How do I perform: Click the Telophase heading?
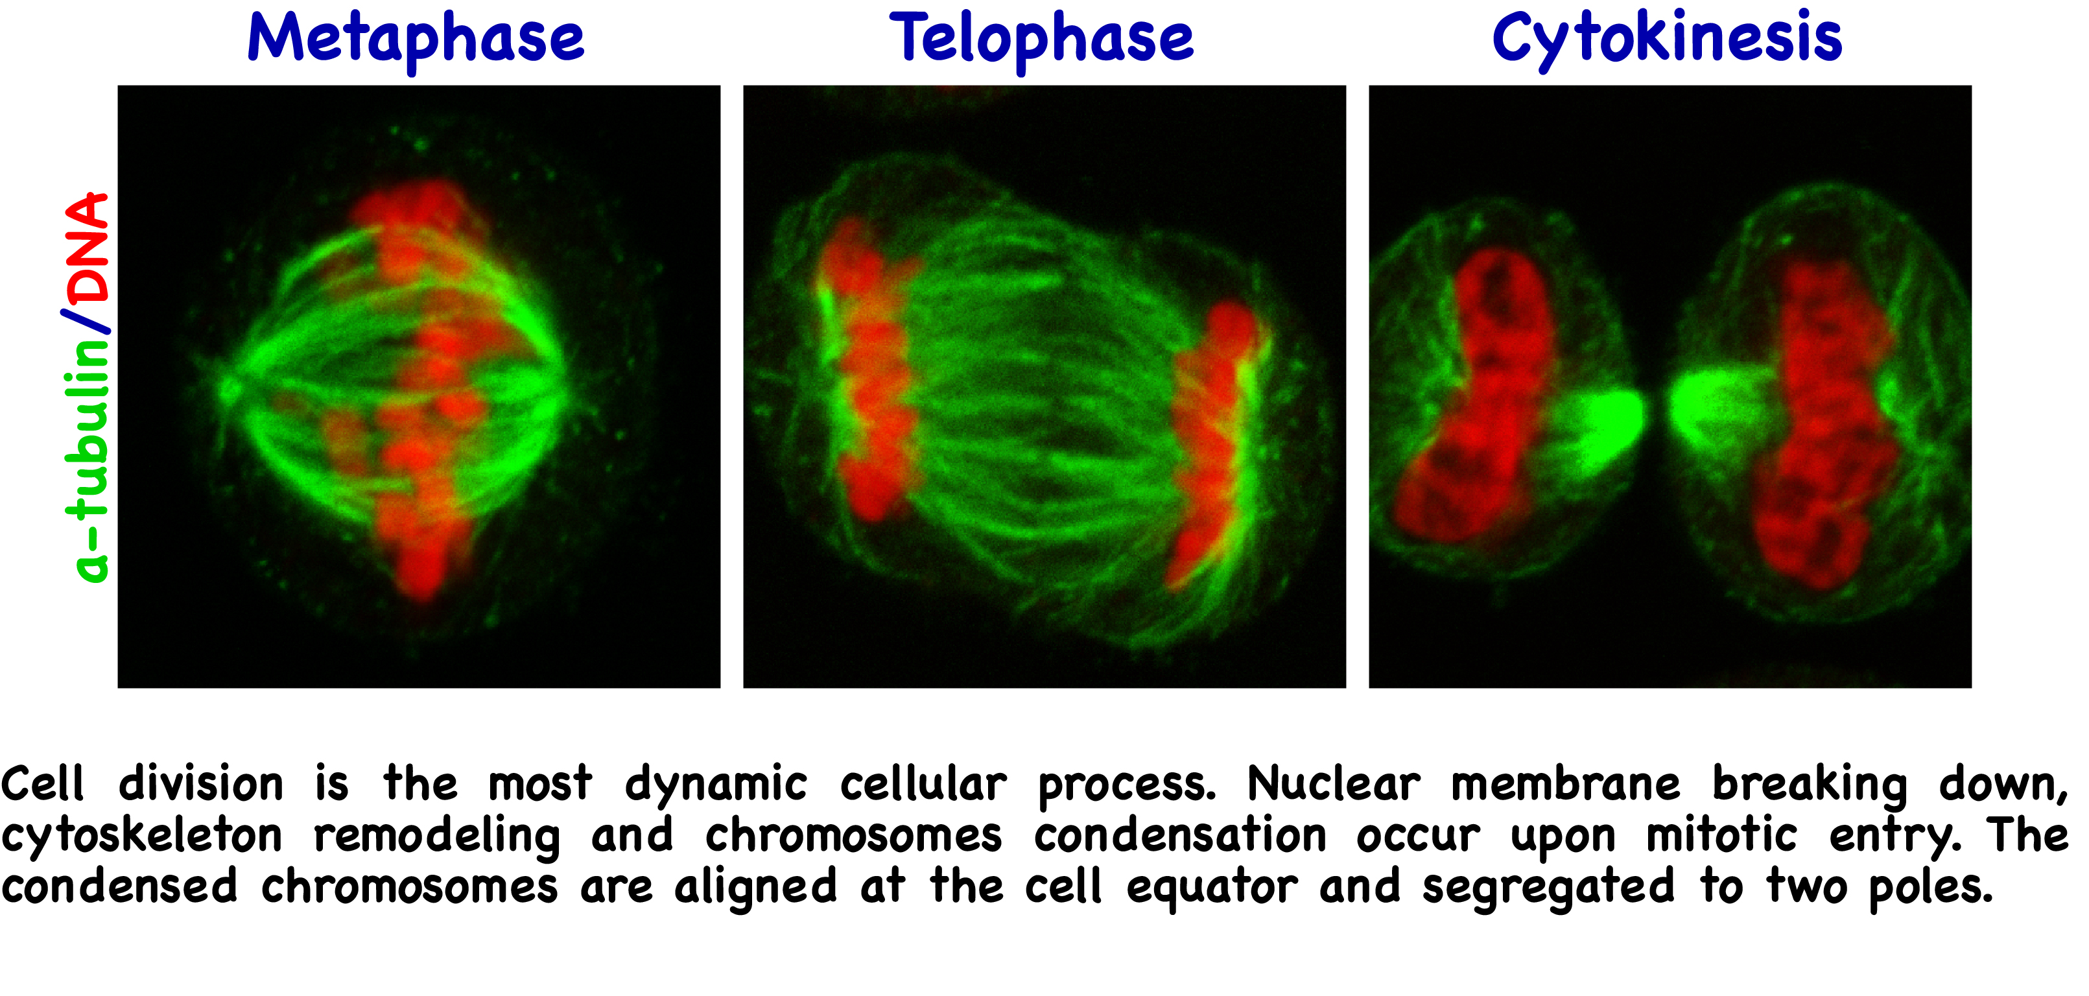1043,40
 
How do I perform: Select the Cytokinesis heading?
1668,40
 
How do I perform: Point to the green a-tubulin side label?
88,460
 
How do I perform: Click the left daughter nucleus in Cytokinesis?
1480,397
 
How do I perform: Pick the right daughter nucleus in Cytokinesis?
1824,421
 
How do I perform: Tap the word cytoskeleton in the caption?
142,836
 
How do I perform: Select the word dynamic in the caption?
716,786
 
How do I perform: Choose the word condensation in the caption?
1181,836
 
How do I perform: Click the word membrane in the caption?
1565,785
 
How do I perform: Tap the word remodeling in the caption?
437,836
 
